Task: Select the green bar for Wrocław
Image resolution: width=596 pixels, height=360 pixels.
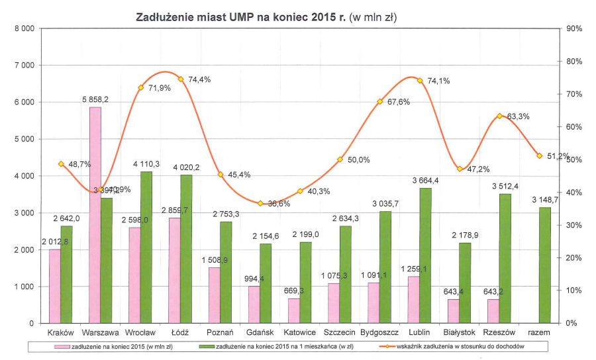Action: [146, 247]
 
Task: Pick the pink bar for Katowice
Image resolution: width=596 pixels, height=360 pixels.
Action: [294, 311]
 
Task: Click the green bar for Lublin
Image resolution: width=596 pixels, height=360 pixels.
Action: [425, 255]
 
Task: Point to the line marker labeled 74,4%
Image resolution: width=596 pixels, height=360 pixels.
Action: [180, 79]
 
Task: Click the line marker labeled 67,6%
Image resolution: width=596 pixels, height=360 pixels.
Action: [380, 101]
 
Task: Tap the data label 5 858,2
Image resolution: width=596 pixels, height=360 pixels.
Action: [95, 99]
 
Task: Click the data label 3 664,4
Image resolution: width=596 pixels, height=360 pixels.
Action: [426, 181]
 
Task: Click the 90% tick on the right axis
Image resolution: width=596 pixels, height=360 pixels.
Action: [573, 28]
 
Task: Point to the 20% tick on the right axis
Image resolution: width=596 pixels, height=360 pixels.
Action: [573, 258]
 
